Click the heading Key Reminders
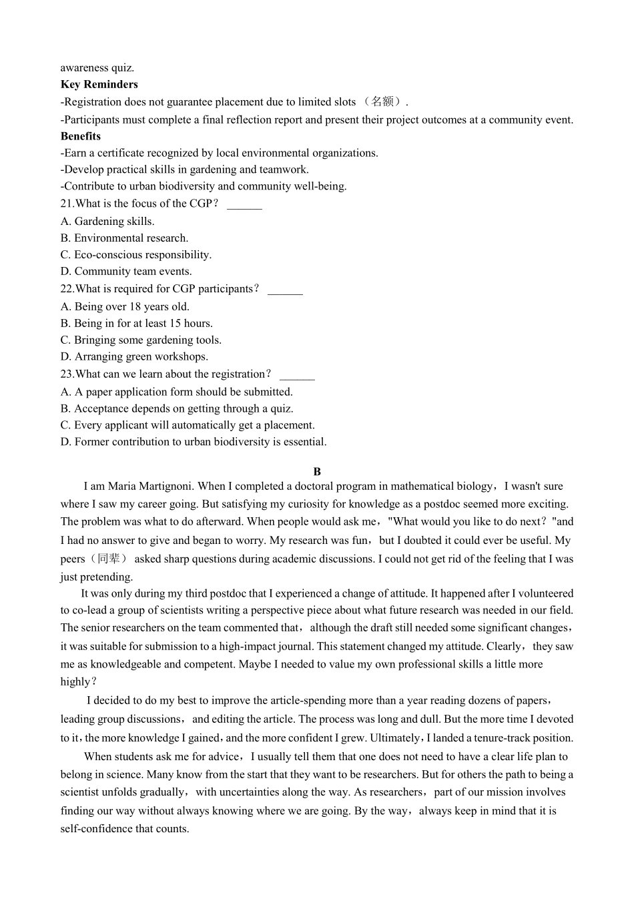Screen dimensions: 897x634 point(99,84)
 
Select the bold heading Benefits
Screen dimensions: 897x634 point(80,136)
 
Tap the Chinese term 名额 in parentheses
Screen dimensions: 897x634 point(382,101)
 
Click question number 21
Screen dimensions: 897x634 point(67,204)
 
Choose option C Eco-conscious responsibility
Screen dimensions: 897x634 point(136,254)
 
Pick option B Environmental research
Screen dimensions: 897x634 point(124,238)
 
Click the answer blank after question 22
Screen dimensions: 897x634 point(285,290)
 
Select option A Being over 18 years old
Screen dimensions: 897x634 point(125,306)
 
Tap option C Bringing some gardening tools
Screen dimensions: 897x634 point(141,340)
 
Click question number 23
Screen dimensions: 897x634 point(67,374)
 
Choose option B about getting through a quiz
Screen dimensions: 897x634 point(177,408)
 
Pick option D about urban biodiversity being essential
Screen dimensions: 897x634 point(194,442)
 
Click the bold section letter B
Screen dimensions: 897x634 point(317,471)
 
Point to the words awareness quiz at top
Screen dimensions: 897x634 point(97,67)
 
